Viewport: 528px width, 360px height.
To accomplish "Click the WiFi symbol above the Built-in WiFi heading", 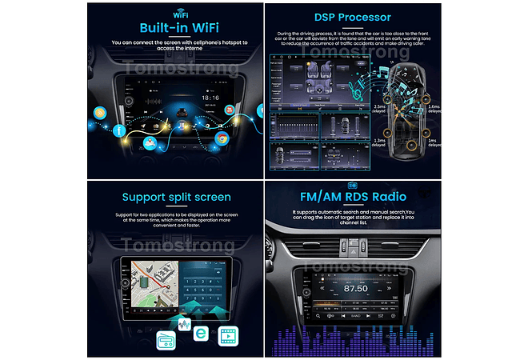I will pyautogui.click(x=176, y=14).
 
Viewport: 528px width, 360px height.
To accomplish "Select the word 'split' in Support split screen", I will pyautogui.click(x=178, y=197).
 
